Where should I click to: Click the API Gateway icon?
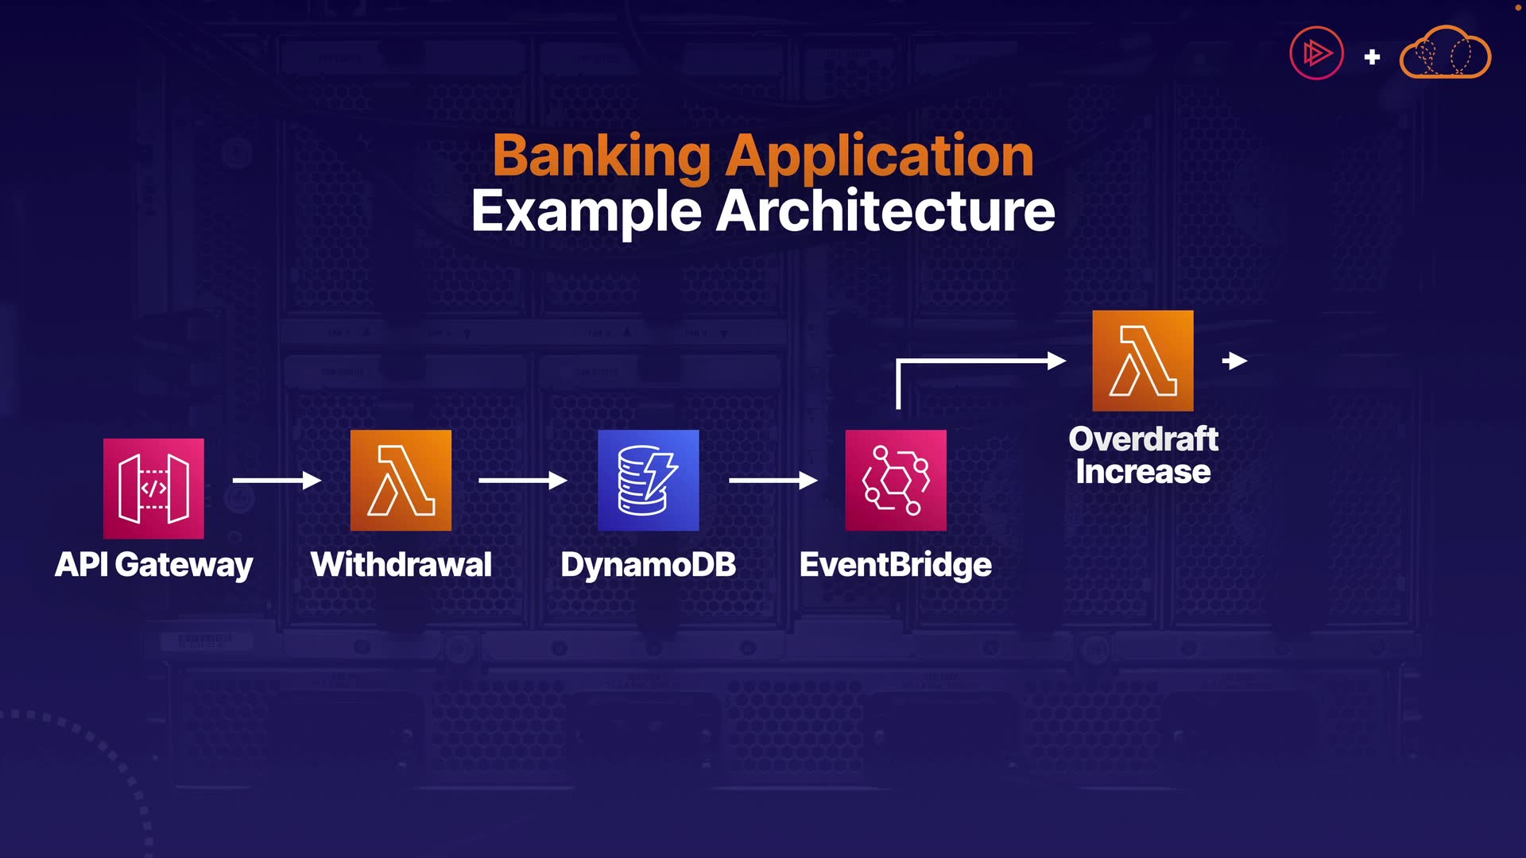pyautogui.click(x=153, y=489)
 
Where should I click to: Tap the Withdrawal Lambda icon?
pyautogui.click(x=401, y=480)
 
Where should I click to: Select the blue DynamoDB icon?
pyautogui.click(x=648, y=480)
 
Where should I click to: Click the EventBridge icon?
pyautogui.click(x=896, y=480)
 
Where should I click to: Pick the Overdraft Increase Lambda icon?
pyautogui.click(x=1142, y=361)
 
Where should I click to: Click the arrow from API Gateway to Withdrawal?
pyautogui.click(x=277, y=480)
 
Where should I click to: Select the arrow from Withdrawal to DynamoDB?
pyautogui.click(x=523, y=480)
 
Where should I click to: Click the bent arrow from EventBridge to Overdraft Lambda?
pyautogui.click(x=978, y=361)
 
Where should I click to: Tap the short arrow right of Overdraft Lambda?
pyautogui.click(x=1234, y=361)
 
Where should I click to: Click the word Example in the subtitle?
pyautogui.click(x=587, y=211)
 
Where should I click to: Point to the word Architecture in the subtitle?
pyautogui.click(x=885, y=211)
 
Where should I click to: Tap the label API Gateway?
pyautogui.click(x=153, y=565)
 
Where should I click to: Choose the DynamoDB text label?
pyautogui.click(x=648, y=565)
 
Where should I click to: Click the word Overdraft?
pyautogui.click(x=1143, y=439)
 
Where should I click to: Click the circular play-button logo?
pyautogui.click(x=1316, y=53)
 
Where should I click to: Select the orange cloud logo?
pyautogui.click(x=1445, y=53)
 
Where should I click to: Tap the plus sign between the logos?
pyautogui.click(x=1372, y=56)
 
